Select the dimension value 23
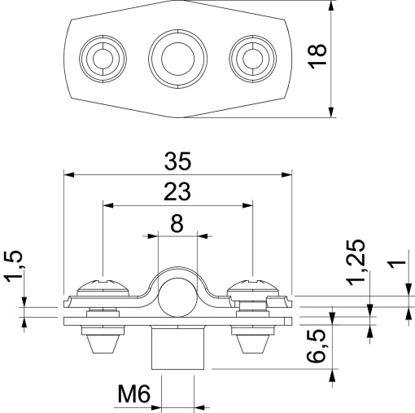click(x=177, y=191)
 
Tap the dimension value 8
click(x=177, y=222)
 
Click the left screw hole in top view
click(x=102, y=57)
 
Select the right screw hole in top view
click(x=252, y=57)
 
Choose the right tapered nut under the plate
click(x=255, y=341)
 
